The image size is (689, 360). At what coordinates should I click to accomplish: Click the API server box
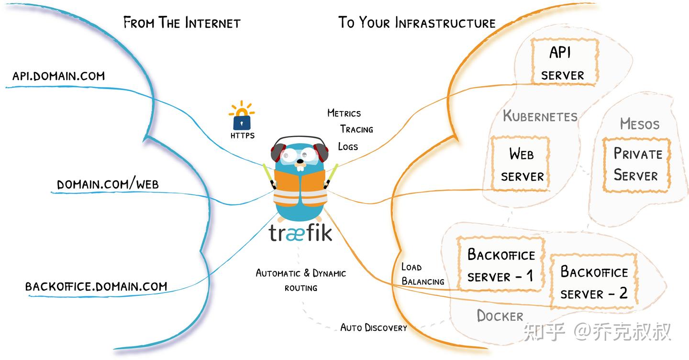(x=565, y=63)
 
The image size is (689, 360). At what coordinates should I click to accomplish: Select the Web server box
(x=520, y=164)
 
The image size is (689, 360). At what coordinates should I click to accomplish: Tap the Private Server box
(x=636, y=165)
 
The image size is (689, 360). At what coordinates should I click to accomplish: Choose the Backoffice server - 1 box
(x=500, y=265)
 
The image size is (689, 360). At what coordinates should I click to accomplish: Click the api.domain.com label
(x=58, y=76)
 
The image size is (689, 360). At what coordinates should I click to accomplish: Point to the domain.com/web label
(x=108, y=184)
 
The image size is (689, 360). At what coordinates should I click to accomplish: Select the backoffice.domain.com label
(x=96, y=286)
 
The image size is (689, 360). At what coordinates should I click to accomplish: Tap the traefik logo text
(x=300, y=233)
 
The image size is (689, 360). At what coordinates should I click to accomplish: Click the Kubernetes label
(x=540, y=116)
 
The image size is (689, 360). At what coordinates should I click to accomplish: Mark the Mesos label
(x=639, y=124)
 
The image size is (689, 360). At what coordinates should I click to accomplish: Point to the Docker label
(x=500, y=315)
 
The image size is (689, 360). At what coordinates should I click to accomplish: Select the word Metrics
(x=344, y=113)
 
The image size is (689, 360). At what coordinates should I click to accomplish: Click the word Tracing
(x=356, y=129)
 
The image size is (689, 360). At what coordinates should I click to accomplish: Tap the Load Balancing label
(x=422, y=274)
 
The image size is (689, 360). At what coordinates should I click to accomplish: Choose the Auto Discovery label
(x=373, y=327)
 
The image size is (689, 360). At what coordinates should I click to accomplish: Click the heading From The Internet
(x=182, y=22)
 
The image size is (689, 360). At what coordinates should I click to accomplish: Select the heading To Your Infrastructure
(x=417, y=22)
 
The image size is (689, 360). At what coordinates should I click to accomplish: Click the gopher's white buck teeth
(x=300, y=167)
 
